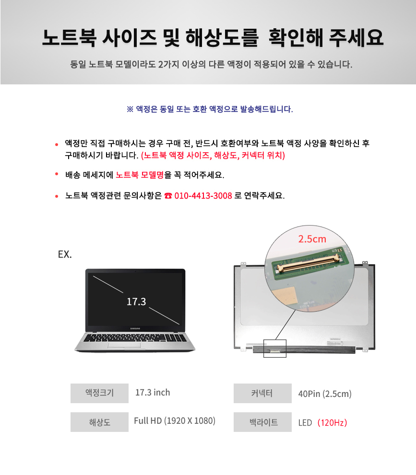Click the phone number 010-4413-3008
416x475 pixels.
(203, 196)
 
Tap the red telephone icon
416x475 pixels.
(168, 196)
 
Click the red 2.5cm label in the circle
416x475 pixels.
(312, 239)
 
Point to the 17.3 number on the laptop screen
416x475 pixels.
(136, 301)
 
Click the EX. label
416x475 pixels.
(65, 254)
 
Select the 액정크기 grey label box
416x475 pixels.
(100, 393)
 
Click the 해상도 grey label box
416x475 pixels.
(100, 422)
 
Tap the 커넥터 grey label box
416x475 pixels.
(262, 393)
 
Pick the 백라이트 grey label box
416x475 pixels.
(262, 422)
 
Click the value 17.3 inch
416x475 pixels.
(153, 393)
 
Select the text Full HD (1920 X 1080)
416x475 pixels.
(175, 421)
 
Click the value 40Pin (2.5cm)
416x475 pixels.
(325, 394)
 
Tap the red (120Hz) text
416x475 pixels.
(332, 423)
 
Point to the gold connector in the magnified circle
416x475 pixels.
(308, 263)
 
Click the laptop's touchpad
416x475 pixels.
(124, 345)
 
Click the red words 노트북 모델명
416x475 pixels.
(140, 175)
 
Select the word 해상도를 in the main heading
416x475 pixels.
(222, 38)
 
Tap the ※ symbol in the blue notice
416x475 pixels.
(130, 109)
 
